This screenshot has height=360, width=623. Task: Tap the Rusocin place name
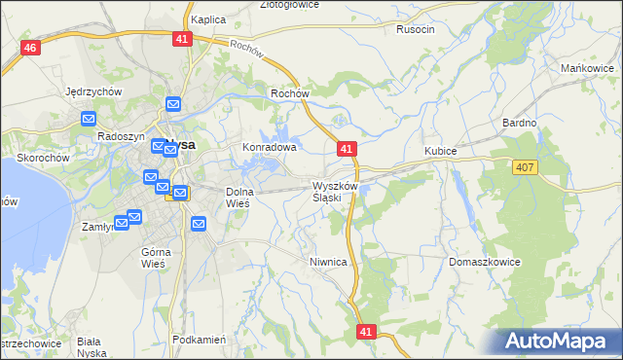tap(416, 29)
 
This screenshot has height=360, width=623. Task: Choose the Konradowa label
tap(269, 148)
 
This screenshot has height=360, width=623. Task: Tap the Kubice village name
tap(441, 151)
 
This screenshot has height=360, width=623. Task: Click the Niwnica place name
tap(328, 262)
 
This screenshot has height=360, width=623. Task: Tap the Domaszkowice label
tap(486, 263)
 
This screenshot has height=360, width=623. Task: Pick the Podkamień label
tap(199, 340)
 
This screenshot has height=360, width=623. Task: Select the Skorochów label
tap(43, 158)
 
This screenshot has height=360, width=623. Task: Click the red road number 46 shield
tap(31, 48)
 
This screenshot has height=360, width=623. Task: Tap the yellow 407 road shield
tap(525, 167)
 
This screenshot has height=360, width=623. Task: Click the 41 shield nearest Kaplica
tap(183, 38)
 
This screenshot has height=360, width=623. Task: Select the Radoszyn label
tap(121, 137)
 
